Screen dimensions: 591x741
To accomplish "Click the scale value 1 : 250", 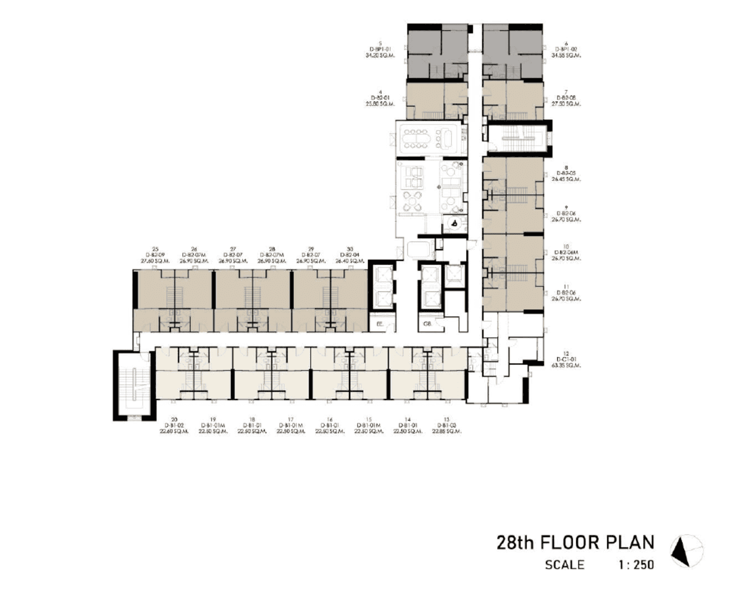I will click(x=632, y=564).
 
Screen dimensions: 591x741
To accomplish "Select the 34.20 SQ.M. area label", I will click(x=379, y=55).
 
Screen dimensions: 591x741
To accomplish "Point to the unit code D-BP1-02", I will click(x=566, y=49).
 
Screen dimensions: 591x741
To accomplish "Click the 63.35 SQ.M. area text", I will click(x=566, y=366).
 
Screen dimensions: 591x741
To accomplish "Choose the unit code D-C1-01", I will click(x=566, y=359).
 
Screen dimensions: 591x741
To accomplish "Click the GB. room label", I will click(x=427, y=323).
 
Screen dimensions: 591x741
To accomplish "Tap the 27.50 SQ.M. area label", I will click(x=566, y=104).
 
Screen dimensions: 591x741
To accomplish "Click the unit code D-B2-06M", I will click(x=566, y=253).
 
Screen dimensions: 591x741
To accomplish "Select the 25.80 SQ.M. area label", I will click(x=379, y=104).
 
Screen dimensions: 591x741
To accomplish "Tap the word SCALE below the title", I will click(x=564, y=564).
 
